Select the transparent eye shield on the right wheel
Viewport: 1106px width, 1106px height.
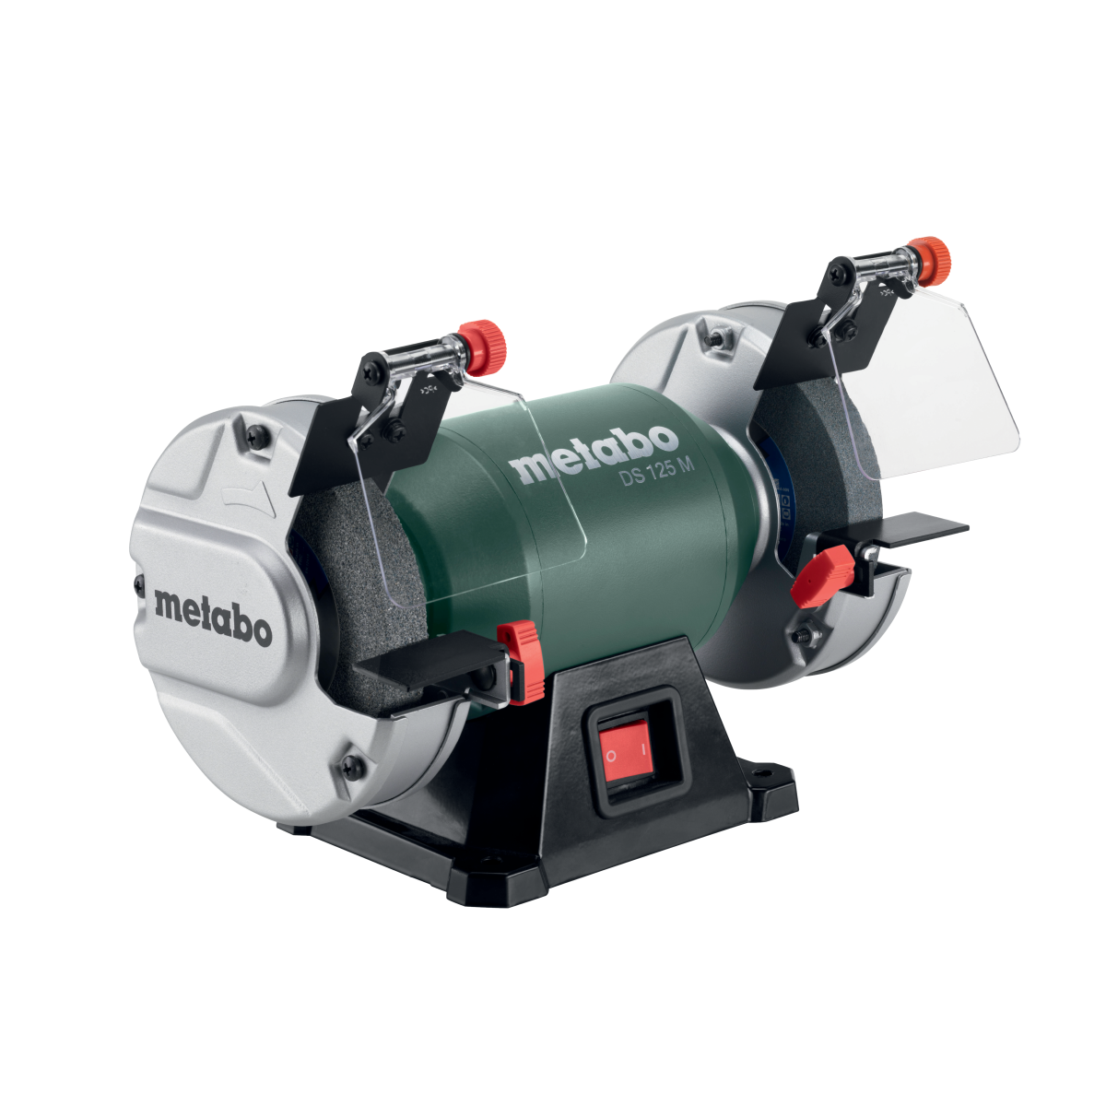[x=949, y=369]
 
